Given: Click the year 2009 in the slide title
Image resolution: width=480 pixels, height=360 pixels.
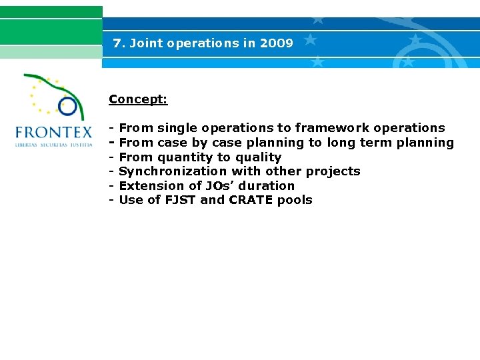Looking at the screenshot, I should coord(277,43).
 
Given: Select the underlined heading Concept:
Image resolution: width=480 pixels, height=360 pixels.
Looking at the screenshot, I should coord(138,99).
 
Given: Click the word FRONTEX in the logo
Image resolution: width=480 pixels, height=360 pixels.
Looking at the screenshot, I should coord(54,131).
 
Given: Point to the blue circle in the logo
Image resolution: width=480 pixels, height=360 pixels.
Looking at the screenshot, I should coord(67,106).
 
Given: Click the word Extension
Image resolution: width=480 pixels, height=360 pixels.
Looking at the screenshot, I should coord(147,186).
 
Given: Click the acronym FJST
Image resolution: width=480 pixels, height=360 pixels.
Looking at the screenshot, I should coord(179,200).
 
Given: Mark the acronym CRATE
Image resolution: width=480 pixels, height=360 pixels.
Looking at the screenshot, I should coord(251,200).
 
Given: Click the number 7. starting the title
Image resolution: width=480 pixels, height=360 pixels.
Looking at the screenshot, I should coord(119,43).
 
